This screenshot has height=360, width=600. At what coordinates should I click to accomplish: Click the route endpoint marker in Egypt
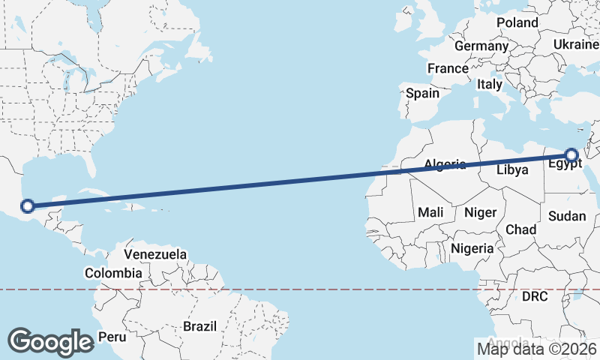pos(571,156)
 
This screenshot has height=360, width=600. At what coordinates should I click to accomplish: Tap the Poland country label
pos(517,22)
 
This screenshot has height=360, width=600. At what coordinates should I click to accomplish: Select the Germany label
pos(481,46)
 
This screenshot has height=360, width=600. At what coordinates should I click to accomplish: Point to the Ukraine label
pos(576,45)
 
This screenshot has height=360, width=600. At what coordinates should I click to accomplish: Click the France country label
pos(448,68)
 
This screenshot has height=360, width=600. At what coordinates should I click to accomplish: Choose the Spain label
pos(422,94)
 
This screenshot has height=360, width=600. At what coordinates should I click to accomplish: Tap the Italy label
pos(490,85)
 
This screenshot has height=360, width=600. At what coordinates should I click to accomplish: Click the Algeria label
pos(445,164)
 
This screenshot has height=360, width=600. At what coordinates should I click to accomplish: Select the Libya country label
pos(513,169)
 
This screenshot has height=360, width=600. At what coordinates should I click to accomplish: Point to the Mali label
pos(430,212)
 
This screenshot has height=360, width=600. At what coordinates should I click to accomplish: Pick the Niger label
pos(481,212)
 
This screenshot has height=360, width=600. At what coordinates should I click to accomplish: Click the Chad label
pos(520,229)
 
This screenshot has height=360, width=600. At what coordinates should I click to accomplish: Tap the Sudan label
pos(568,216)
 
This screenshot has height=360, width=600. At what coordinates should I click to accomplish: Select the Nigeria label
pos(472,247)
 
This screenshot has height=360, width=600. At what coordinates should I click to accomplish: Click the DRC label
pos(535,297)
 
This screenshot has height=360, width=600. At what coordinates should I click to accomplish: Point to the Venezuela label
pos(155,255)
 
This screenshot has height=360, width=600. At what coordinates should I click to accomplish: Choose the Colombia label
pos(112,273)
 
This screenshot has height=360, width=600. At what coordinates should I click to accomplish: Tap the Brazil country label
pos(199,326)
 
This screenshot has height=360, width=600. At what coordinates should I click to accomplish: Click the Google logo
pos(50,341)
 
